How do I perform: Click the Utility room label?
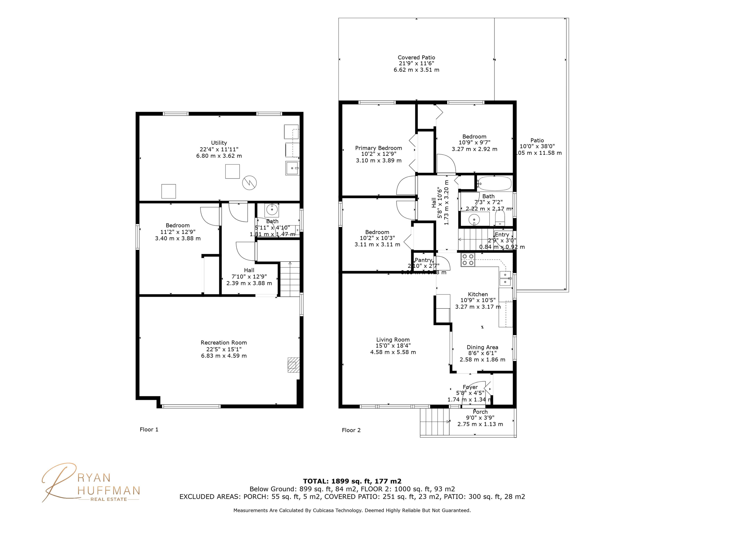click(x=219, y=143)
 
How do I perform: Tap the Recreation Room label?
click(x=224, y=343)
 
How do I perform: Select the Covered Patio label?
click(x=416, y=58)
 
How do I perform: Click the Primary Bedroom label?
click(x=378, y=148)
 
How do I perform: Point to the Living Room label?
click(x=393, y=340)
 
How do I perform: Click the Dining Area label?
click(x=482, y=347)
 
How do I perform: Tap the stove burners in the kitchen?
click(x=468, y=260)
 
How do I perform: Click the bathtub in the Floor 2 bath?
click(x=494, y=184)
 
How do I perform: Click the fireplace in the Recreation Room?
click(x=293, y=365)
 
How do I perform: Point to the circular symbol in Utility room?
click(x=249, y=182)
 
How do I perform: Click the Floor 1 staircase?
click(x=290, y=279)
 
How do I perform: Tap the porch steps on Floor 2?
click(x=434, y=422)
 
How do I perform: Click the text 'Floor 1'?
click(x=149, y=429)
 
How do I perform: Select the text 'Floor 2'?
click(x=351, y=430)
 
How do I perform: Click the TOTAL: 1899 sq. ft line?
click(x=352, y=481)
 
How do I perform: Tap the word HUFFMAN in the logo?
click(x=109, y=491)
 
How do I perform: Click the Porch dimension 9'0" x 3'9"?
click(x=480, y=418)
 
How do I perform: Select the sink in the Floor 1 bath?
click(x=272, y=210)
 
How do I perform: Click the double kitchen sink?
click(x=505, y=279)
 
